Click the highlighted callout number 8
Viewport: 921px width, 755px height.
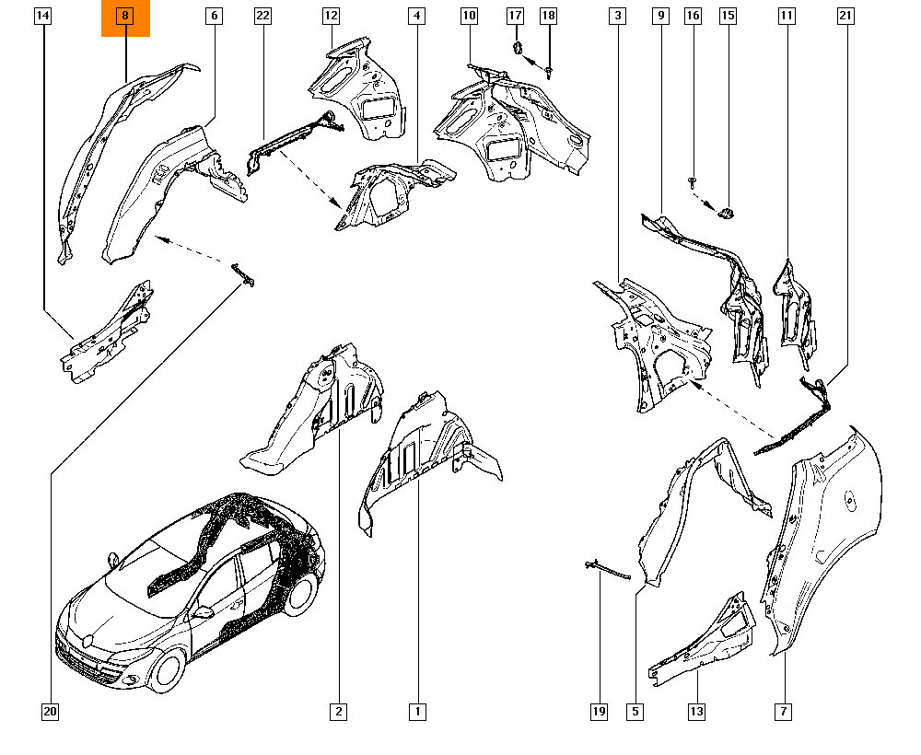click(124, 16)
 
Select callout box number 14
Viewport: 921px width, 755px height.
click(43, 16)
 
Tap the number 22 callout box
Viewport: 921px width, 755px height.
click(262, 16)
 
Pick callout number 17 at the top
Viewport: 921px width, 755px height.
click(515, 16)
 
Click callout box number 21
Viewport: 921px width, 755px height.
click(845, 16)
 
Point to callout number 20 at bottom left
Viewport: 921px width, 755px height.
click(51, 712)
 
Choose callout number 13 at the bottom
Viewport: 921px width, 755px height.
click(696, 712)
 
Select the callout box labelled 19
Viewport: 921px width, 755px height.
click(599, 712)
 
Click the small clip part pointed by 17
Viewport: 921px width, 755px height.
click(518, 48)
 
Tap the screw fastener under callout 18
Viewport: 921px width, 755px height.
click(549, 72)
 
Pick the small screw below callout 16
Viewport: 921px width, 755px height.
click(693, 182)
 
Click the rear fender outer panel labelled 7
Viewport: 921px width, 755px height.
click(822, 540)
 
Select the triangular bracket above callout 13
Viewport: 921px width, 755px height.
click(705, 643)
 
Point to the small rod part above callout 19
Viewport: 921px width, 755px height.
click(607, 570)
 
